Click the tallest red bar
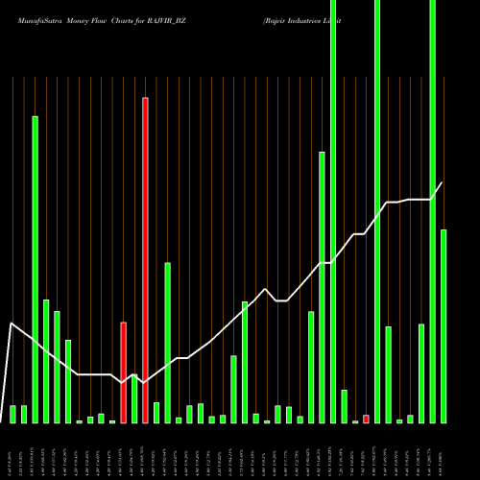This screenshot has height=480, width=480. pos(145,259)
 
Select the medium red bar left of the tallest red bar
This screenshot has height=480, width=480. pos(123,372)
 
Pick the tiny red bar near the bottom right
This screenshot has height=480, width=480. pos(366,419)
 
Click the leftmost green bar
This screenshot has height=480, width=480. pos(12,414)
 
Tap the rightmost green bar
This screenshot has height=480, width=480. pos(444,326)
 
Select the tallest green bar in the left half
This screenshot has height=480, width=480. pos(35,269)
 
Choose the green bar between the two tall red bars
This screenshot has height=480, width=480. pos(134,398)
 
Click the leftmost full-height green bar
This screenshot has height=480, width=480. pos(333,211)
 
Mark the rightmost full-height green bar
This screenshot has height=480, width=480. pos(433,211)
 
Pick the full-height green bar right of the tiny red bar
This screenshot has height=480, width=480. pos(377,211)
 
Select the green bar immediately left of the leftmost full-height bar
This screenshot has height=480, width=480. pos(322,287)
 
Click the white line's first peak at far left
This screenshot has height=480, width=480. pos(11,324)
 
